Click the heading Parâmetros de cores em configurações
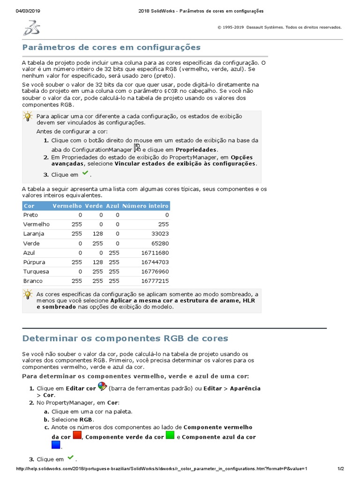coord(112,47)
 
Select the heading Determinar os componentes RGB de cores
coord(125,338)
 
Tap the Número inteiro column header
coord(145,206)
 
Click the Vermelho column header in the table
coord(67,206)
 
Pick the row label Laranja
coord(34,233)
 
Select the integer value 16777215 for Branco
coord(155,281)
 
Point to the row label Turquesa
coord(36,271)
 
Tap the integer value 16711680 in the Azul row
coord(155,253)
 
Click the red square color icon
coord(77,435)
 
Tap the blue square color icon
coord(56,445)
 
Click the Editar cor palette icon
coord(102,387)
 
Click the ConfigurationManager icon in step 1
coord(137,148)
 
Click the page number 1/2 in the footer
coord(340,469)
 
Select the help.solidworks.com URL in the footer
coord(162,469)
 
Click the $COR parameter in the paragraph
coord(171,91)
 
